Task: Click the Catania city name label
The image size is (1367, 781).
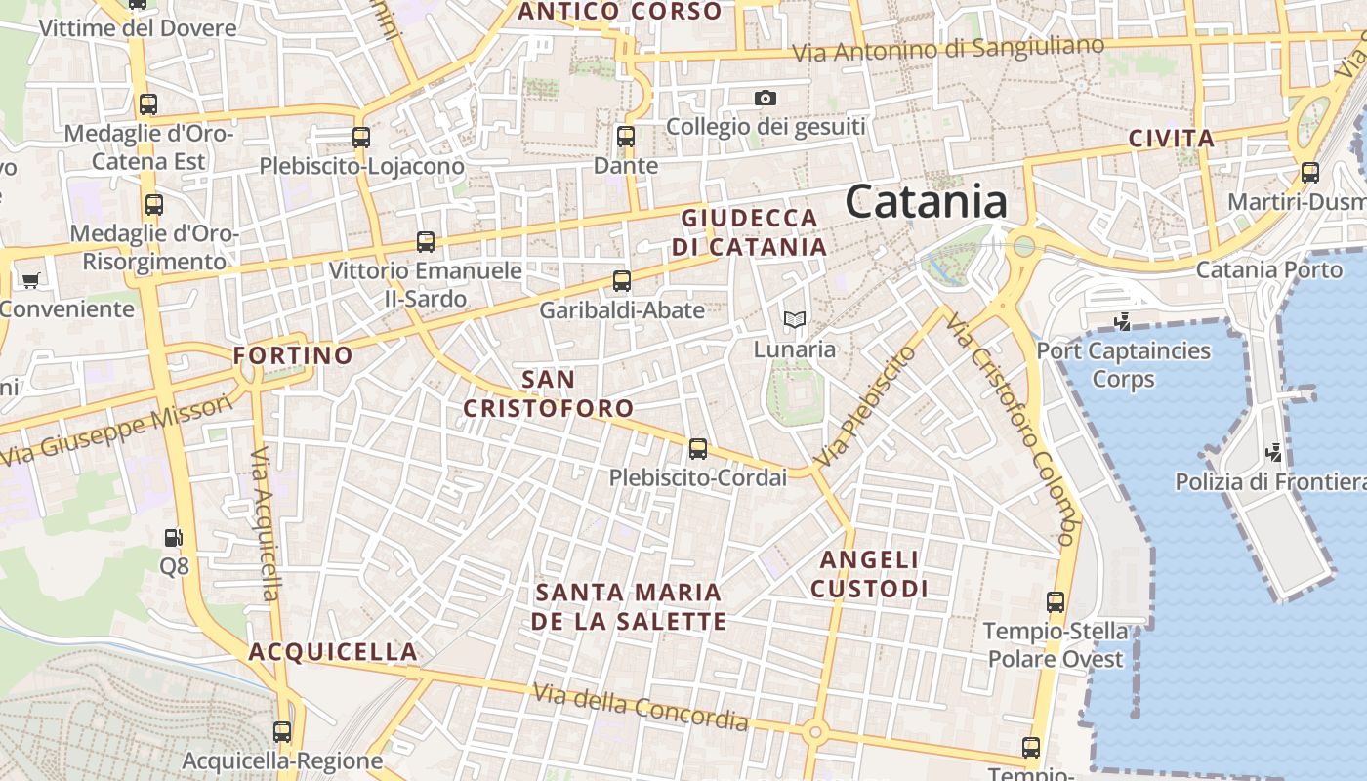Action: [926, 202]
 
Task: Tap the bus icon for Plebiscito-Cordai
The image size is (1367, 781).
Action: [697, 449]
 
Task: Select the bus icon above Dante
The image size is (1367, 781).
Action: [626, 137]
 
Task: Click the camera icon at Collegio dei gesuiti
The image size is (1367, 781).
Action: [766, 98]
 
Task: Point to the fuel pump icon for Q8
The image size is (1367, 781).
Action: [173, 537]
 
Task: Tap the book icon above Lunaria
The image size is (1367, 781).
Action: [794, 319]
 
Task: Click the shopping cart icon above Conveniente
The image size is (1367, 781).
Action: [30, 280]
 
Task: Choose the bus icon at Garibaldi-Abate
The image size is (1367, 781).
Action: [621, 281]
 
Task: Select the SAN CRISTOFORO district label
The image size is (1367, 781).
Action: [548, 393]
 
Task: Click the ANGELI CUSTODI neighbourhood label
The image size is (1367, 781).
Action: [869, 574]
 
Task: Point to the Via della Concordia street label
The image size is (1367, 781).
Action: [641, 707]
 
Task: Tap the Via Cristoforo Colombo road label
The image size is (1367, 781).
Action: [1012, 430]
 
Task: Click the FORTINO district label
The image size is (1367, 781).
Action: [293, 355]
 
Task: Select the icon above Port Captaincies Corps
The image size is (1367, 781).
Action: [1123, 321]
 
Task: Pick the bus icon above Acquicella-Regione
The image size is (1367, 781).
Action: [282, 731]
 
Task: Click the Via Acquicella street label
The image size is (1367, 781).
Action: [265, 524]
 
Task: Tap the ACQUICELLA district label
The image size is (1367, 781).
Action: [333, 652]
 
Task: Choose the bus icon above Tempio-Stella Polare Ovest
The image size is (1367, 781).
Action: [1055, 602]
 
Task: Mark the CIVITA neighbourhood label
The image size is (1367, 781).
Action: [1172, 139]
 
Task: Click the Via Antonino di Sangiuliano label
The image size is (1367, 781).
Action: [948, 49]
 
